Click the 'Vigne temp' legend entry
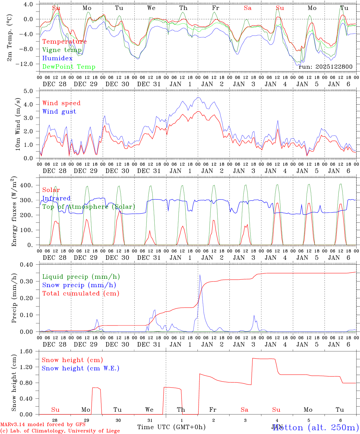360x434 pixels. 62,50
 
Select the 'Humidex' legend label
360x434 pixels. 57,58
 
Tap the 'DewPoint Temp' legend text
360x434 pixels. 69,67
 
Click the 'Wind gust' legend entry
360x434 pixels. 59,112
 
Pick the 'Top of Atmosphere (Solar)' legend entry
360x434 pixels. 89,207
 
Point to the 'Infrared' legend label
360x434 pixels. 56,198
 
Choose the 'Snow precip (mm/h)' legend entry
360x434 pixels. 79,285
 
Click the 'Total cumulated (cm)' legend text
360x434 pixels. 81,294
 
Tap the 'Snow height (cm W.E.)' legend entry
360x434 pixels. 81,368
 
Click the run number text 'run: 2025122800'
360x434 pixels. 325,67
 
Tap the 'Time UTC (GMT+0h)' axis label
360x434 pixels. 171,427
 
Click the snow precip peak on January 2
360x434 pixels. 200,275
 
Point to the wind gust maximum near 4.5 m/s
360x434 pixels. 198,97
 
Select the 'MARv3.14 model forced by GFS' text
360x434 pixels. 43,425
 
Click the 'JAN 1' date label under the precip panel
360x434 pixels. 180,344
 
